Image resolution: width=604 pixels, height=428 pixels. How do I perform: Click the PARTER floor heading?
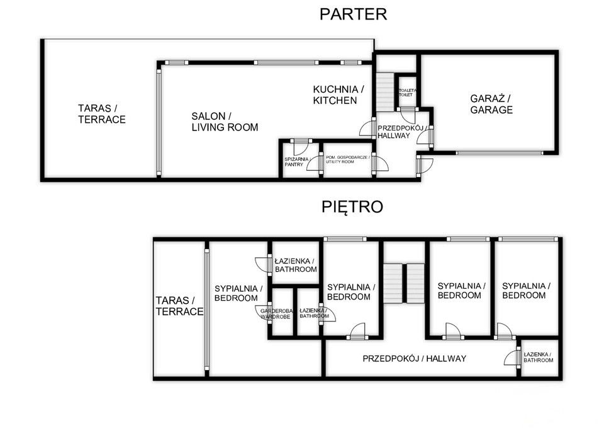click(353, 14)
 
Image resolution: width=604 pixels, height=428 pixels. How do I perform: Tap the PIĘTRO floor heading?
click(352, 207)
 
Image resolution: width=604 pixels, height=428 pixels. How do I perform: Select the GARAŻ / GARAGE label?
click(491, 104)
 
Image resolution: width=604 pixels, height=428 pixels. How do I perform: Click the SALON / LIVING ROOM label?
click(225, 122)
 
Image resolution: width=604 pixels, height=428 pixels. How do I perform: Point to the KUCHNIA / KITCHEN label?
click(338, 95)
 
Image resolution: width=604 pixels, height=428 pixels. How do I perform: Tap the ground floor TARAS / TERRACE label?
click(102, 114)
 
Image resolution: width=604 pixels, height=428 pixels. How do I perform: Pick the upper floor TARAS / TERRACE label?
click(179, 306)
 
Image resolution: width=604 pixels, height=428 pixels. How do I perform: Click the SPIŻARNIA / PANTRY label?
click(296, 162)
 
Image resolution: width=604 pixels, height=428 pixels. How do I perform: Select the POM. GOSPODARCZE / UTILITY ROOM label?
click(347, 159)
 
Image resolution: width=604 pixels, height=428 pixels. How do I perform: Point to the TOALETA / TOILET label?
click(408, 93)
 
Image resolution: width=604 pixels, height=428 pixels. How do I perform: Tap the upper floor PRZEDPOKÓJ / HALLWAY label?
click(415, 359)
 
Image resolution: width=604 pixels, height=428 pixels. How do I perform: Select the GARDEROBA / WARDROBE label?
click(276, 314)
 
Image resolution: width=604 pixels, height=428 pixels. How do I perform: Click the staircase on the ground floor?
click(385, 92)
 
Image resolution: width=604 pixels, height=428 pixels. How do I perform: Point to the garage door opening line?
click(500, 153)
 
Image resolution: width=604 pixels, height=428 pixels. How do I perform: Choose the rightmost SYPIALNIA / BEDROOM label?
click(526, 291)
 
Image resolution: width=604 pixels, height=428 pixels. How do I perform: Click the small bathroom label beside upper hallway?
click(538, 357)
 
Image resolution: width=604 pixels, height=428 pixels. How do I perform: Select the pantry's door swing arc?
click(301, 149)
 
